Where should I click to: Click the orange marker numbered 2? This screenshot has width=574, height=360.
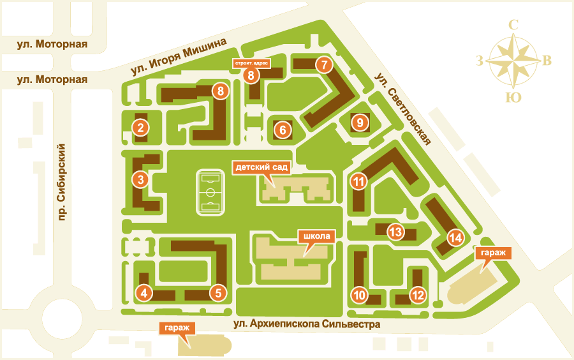(140, 127)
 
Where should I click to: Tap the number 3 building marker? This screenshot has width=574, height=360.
(140, 180)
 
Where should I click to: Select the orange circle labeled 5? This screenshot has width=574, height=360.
(218, 293)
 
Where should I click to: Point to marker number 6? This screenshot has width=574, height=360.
(283, 130)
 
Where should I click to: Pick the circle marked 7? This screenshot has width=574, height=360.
(324, 64)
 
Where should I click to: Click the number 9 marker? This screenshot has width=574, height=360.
(360, 123)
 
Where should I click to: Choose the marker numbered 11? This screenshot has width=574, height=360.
(359, 182)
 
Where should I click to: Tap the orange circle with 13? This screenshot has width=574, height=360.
(396, 232)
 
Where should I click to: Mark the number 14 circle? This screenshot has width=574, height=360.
(455, 238)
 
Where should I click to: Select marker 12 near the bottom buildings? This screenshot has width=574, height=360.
(418, 295)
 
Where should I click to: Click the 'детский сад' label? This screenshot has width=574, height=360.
(263, 168)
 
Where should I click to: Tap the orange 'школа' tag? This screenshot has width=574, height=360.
(316, 236)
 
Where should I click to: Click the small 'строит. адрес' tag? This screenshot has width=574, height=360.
(251, 64)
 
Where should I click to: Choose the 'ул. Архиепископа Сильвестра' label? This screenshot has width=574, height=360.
(306, 324)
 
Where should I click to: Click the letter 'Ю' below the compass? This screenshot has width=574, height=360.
(511, 97)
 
